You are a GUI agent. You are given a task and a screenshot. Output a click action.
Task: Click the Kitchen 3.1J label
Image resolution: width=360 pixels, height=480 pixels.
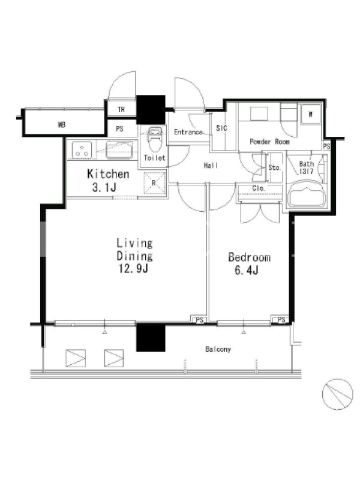(x=108, y=180)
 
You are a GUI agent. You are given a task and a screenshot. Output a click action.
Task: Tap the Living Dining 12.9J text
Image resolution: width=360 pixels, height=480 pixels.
(x=134, y=256)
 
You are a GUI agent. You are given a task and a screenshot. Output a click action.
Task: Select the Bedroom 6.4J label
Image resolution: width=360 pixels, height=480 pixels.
(x=249, y=263)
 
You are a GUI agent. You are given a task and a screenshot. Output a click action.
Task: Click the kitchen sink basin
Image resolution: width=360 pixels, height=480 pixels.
(x=119, y=149)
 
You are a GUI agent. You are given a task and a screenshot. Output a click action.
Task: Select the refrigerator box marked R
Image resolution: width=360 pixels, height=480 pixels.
(x=155, y=183)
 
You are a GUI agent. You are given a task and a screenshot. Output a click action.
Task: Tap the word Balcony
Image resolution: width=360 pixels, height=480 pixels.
(x=218, y=349)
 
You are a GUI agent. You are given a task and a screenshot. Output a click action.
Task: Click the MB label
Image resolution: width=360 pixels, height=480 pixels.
(x=62, y=125)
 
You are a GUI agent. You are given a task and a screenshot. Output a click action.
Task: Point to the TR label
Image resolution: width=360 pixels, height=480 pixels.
(x=121, y=110)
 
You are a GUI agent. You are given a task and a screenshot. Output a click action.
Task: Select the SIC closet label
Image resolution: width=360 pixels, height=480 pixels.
(x=221, y=128)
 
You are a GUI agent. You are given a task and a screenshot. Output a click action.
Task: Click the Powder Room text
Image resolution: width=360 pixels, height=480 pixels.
(x=269, y=142)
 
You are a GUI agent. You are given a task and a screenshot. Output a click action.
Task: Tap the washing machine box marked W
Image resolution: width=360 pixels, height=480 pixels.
(x=311, y=114)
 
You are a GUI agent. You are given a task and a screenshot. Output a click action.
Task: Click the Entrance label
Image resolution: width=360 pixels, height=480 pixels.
(x=188, y=132)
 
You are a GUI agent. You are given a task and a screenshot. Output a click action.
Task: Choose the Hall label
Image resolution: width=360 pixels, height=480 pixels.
(x=211, y=166)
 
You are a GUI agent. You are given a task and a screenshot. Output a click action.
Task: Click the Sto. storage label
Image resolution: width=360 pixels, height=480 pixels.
(x=274, y=168)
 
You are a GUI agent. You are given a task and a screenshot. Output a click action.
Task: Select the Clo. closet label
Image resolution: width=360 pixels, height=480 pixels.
(x=259, y=188)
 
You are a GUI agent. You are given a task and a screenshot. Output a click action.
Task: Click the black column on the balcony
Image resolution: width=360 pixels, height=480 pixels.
(x=151, y=337)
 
